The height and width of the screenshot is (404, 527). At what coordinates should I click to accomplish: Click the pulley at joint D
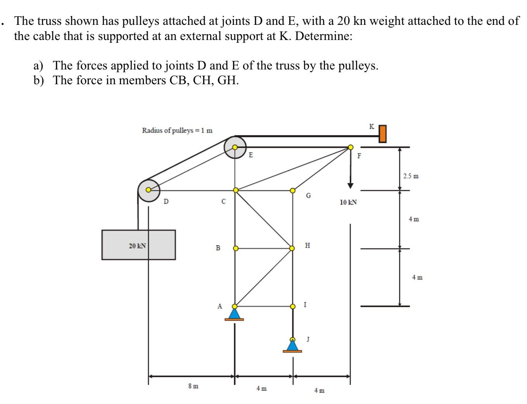point(149,190)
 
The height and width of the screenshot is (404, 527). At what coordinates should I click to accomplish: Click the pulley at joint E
point(235,147)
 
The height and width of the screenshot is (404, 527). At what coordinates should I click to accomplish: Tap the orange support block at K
point(382,134)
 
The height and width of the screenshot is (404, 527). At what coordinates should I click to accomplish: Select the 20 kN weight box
point(138,245)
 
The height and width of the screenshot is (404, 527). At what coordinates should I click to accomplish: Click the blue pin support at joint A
point(234,313)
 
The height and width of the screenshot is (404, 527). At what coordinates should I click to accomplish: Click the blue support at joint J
point(292,345)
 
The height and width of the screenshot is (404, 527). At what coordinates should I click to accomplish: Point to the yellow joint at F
point(351,147)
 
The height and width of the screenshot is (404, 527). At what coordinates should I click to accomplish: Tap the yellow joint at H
point(292,248)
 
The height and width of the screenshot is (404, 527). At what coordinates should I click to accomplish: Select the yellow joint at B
point(235,248)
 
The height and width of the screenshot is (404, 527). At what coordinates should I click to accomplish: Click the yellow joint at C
point(235,190)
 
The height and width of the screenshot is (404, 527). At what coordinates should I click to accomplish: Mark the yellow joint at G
point(292,190)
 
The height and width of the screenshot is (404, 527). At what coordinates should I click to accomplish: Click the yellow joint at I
point(293,306)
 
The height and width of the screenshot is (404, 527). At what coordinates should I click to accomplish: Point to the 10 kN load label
point(348,202)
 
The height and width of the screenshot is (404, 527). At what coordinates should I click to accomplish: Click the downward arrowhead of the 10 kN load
point(351,185)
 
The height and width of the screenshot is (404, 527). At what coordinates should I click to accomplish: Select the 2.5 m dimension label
point(411,176)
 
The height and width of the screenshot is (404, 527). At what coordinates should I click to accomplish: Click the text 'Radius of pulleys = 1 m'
point(177,130)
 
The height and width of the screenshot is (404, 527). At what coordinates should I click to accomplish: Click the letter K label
point(371,127)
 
